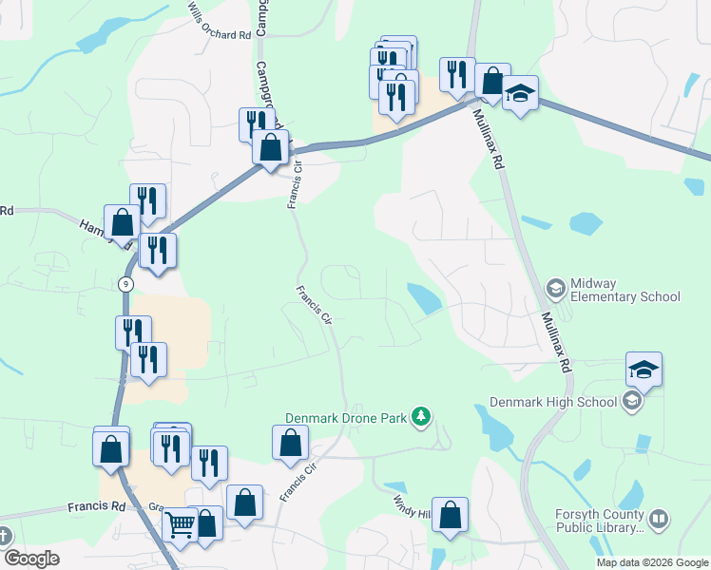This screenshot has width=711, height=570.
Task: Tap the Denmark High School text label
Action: [550, 402]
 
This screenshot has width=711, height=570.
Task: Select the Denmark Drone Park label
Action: [345, 417]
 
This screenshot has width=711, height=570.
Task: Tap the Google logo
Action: [30, 559]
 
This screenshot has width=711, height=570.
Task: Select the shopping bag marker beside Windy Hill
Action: [451, 516]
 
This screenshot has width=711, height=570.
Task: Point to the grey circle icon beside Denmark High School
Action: [631, 401]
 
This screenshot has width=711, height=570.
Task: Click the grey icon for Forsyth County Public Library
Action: [659, 520]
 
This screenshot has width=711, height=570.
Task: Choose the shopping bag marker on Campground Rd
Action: [271, 148]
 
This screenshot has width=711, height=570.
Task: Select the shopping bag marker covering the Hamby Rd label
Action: [123, 224]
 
